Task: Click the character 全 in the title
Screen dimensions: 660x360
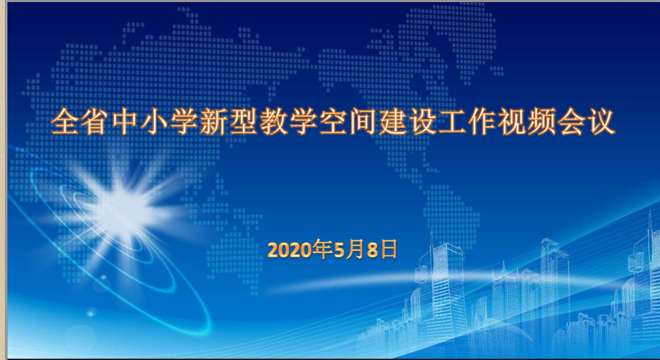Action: point(65,122)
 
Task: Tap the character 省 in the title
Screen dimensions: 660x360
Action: point(95,122)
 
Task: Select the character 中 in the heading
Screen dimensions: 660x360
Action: point(125,122)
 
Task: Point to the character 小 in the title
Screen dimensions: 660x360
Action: point(155,122)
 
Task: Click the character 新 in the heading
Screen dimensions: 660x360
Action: point(214,122)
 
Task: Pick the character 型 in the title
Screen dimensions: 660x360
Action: point(244,122)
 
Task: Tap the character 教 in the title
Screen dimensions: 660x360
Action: point(274,122)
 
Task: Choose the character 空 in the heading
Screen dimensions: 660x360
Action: point(333,122)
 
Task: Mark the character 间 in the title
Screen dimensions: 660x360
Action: point(363,122)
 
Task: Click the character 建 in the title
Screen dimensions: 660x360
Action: point(392,122)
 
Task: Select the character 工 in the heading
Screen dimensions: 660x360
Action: point(452,122)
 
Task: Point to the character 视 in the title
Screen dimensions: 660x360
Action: point(511,122)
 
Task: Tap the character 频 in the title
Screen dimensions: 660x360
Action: point(542,122)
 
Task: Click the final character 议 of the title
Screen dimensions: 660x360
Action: point(601,122)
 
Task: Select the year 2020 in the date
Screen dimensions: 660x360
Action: point(290,250)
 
